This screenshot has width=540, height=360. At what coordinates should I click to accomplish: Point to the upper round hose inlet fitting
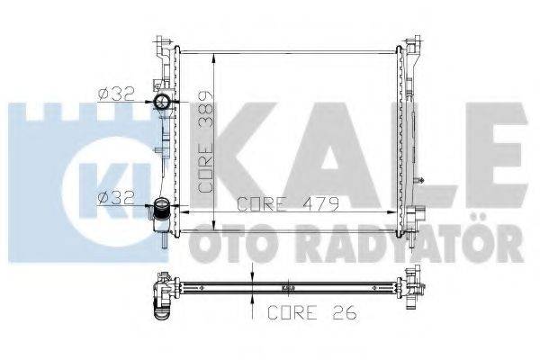(163, 102)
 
